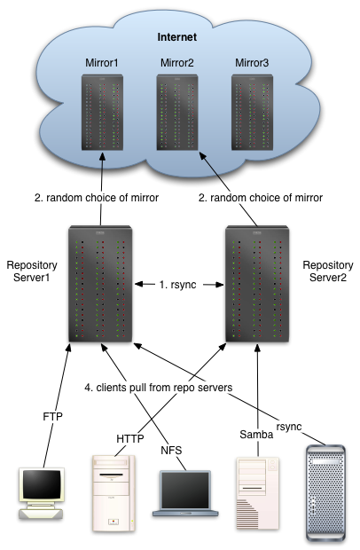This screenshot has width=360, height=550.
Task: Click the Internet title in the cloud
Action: [177, 37]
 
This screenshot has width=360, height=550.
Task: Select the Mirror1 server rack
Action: [102, 113]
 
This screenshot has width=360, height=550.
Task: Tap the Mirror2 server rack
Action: [177, 113]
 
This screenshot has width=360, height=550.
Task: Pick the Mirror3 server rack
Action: [253, 113]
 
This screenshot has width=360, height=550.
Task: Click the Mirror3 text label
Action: [252, 63]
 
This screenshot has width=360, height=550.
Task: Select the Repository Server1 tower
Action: [100, 284]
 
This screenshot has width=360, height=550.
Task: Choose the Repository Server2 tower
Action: [257, 284]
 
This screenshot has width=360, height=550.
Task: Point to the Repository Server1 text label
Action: [32, 271]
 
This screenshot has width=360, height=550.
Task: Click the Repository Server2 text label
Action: [328, 271]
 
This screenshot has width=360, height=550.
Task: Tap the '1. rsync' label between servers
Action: [177, 285]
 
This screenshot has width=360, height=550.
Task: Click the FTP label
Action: [52, 416]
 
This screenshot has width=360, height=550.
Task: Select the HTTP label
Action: [130, 438]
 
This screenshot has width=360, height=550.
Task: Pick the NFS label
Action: [171, 450]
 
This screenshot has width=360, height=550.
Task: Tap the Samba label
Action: [256, 435]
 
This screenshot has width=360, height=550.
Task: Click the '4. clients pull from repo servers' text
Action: [159, 388]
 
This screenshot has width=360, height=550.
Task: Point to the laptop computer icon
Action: [185, 493]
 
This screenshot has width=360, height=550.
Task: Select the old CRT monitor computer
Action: [42, 493]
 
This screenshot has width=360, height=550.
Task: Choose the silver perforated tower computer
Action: [325, 493]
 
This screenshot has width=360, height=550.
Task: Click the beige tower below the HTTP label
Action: [113, 493]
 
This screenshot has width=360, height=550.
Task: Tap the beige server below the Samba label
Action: [258, 493]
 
